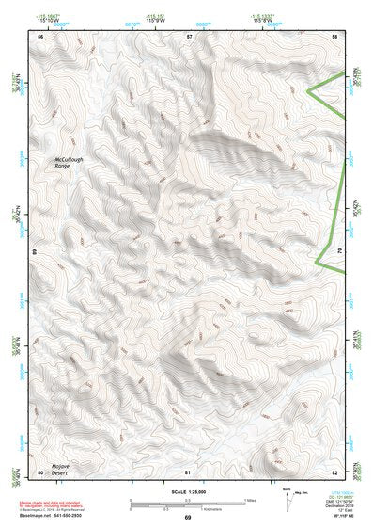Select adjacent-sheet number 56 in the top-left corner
(40, 36)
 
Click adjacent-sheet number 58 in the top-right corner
(334, 36)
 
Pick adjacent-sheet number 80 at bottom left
(40, 471)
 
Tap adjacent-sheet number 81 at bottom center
(188, 471)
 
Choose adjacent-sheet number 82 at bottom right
(334, 471)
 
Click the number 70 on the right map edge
(338, 253)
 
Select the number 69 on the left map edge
(36, 253)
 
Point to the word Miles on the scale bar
(251, 499)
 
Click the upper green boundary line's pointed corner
(309, 90)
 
